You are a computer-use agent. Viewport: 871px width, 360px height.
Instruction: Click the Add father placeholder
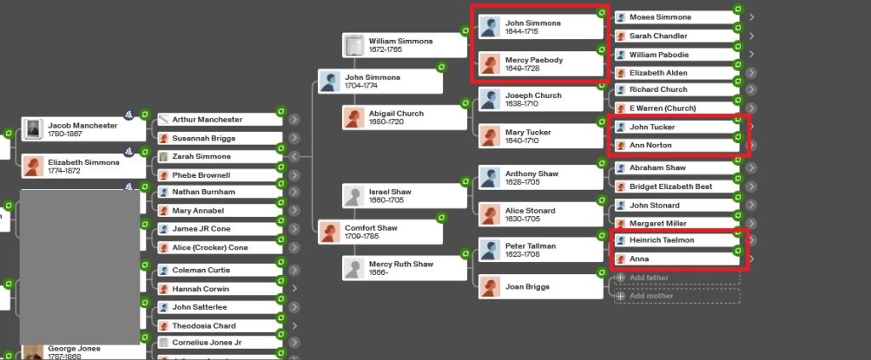[676, 277]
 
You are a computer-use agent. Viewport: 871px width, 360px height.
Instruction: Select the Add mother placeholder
[676, 296]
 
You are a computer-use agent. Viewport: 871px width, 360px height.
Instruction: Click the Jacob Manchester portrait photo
[33, 129]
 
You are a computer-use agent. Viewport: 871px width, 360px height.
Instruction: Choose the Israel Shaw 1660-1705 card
[403, 196]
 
